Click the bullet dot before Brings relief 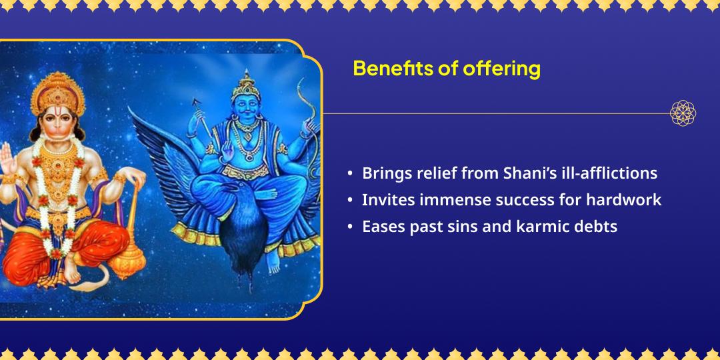click(x=351, y=173)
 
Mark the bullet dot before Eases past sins click(x=351, y=227)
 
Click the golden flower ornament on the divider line click(x=683, y=113)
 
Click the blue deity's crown click(x=246, y=85)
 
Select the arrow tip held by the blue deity click(x=197, y=102)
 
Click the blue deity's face click(x=247, y=110)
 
